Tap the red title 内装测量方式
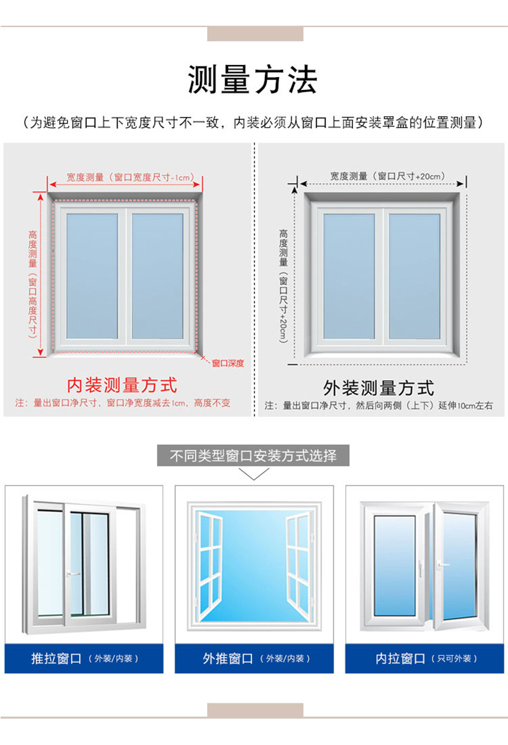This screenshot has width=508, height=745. (122, 385)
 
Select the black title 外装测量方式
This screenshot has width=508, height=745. (379, 388)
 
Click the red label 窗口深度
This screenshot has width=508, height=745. (228, 364)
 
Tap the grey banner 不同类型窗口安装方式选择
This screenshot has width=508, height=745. (253, 456)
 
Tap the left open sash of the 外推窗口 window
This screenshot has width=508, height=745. (208, 565)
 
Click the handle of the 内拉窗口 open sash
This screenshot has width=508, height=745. (442, 565)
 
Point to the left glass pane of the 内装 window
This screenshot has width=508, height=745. (92, 276)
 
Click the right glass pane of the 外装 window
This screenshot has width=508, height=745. (414, 276)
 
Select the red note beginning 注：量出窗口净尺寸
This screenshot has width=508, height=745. (122, 403)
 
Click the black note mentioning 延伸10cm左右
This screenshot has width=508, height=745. (379, 406)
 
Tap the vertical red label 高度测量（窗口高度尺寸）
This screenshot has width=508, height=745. (32, 283)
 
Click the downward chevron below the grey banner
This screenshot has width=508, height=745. (253, 475)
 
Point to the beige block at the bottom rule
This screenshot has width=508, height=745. (255, 710)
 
